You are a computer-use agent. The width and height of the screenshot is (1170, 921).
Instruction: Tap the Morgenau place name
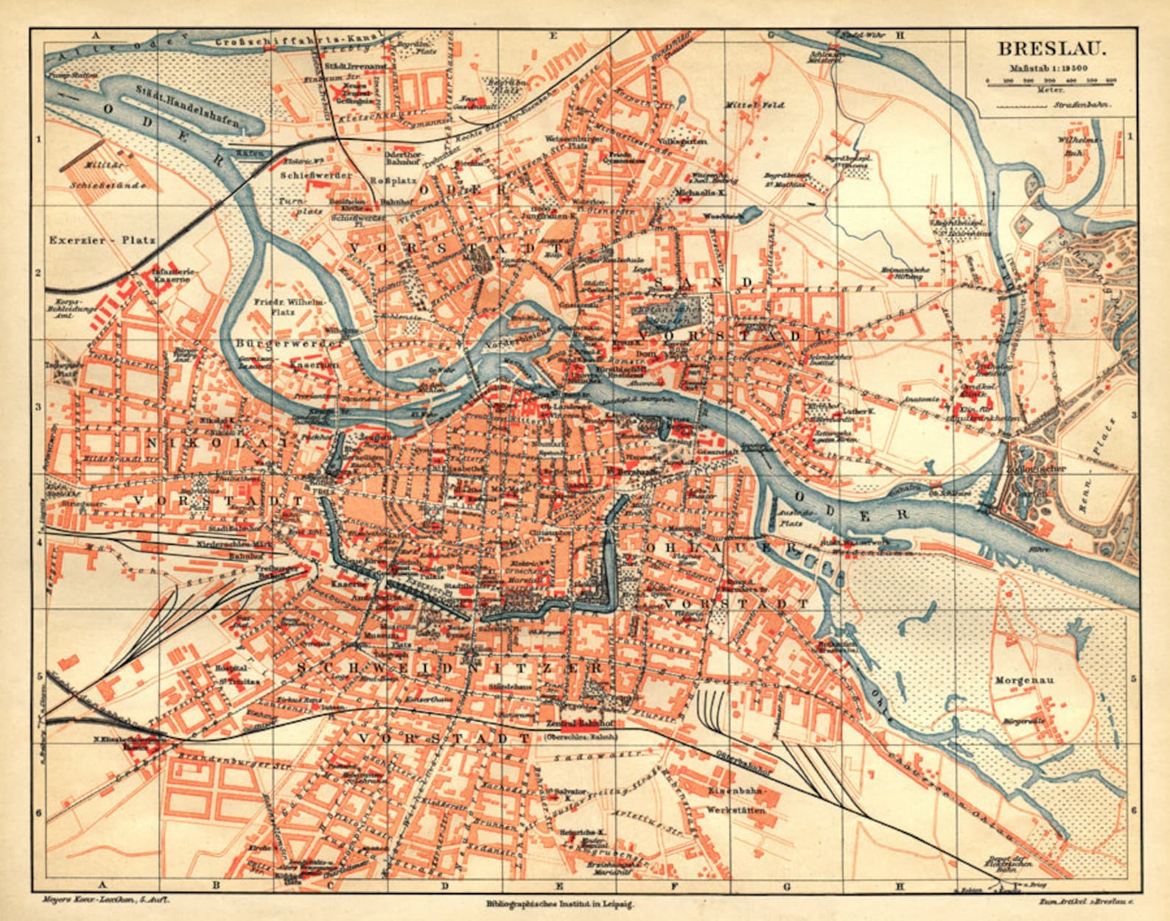pos(1024,680)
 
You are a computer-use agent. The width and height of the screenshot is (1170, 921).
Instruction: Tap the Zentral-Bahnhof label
pos(575,723)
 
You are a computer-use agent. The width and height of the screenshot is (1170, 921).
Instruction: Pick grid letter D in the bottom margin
pos(445,886)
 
